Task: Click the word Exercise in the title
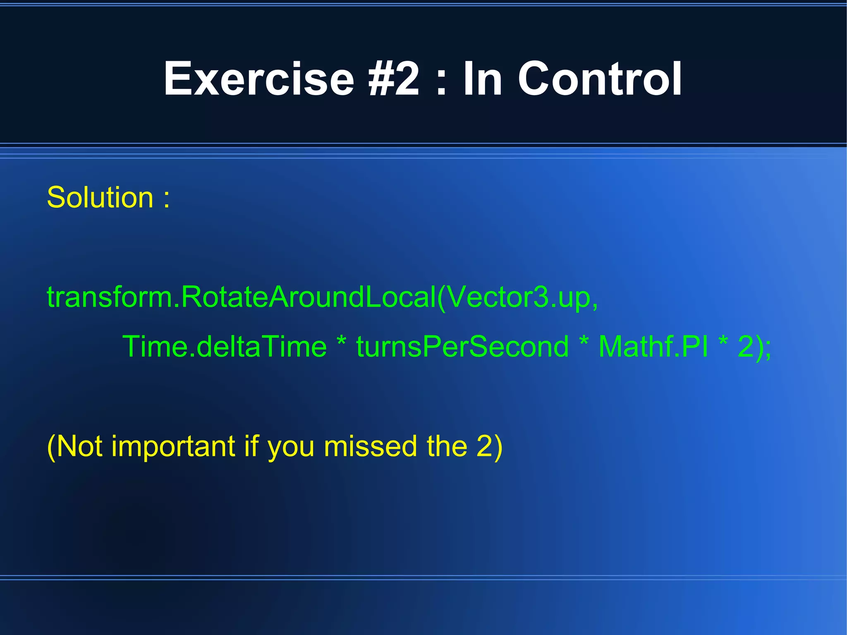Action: pos(259,79)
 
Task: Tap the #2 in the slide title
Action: pos(394,79)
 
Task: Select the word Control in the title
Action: pos(600,79)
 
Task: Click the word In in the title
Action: pos(482,79)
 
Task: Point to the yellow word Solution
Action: pos(100,197)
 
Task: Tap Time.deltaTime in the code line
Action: pos(225,347)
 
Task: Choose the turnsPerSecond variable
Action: pos(462,347)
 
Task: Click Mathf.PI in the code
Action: pos(653,347)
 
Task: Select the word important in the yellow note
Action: pos(173,447)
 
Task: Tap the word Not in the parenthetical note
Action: pos(79,447)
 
